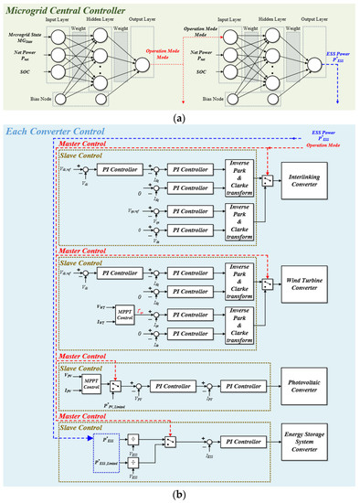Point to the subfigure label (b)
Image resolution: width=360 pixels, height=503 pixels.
pyautogui.click(x=181, y=495)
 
